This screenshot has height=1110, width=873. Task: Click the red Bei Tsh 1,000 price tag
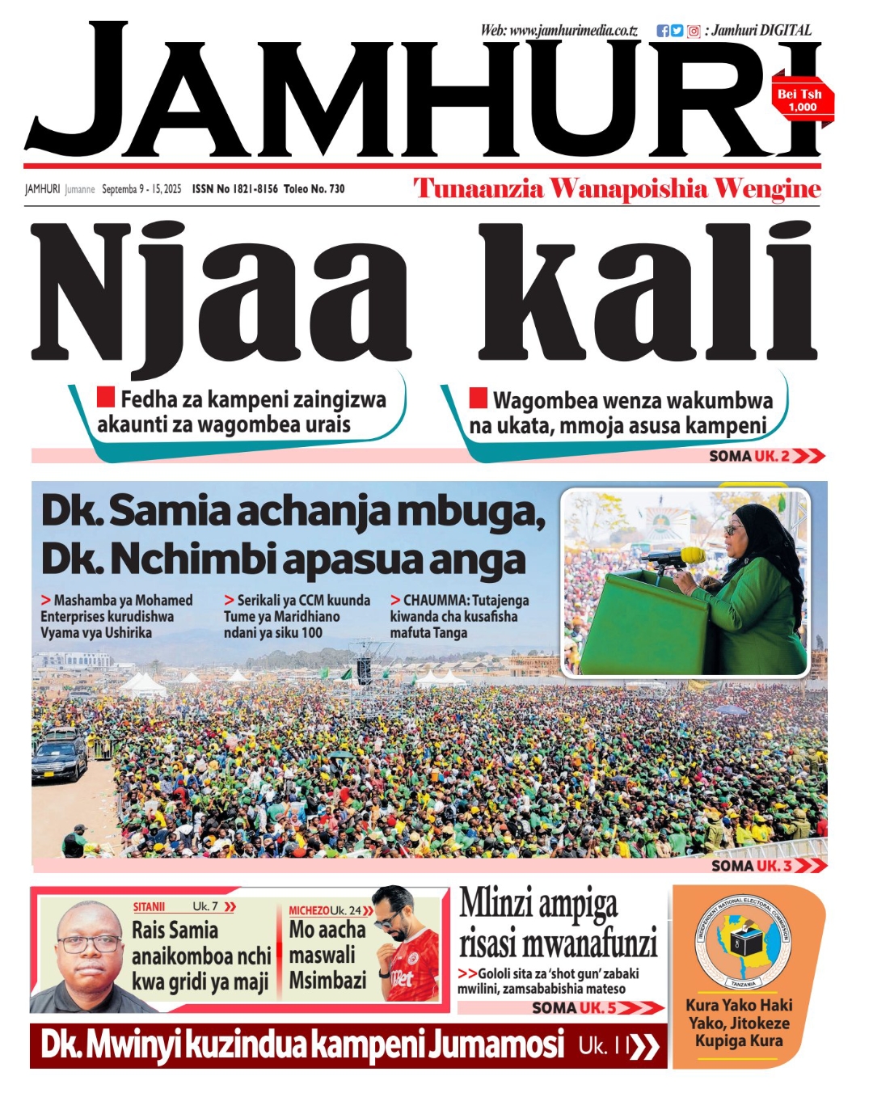tap(801, 99)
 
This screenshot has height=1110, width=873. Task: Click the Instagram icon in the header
tap(694, 32)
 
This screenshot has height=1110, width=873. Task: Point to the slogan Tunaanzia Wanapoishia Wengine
tap(617, 189)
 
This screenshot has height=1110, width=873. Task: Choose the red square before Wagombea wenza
tap(479, 398)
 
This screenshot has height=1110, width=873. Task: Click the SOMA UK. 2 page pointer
tap(765, 456)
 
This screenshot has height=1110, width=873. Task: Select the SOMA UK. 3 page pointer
tap(768, 866)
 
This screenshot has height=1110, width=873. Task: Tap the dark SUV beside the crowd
tap(59, 755)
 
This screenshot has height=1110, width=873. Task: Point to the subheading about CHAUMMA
tap(459, 616)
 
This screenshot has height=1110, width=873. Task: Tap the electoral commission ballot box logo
tap(743, 943)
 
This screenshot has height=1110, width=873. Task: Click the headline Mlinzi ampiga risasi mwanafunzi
tap(558, 923)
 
